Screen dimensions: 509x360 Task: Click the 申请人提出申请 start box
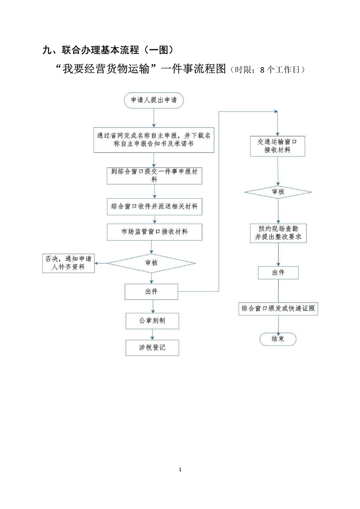tap(154, 101)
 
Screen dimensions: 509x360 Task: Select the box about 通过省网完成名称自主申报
tap(154, 140)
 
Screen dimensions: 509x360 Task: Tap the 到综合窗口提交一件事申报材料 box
tap(154, 175)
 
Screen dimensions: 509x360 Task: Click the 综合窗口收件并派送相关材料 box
tap(154, 206)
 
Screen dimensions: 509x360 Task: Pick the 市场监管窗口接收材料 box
tap(154, 232)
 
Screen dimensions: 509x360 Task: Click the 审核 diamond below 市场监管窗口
tap(152, 262)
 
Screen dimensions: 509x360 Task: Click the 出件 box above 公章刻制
tap(152, 291)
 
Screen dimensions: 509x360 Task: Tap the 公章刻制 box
tap(152, 321)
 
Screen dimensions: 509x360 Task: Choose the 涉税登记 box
tap(152, 348)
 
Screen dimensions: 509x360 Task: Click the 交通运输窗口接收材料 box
tap(277, 146)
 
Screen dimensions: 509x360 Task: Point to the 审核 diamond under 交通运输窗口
tap(278, 192)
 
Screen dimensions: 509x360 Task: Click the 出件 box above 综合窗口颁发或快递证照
tap(278, 273)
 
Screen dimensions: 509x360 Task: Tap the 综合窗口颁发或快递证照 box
tap(278, 309)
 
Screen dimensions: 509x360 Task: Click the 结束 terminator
tap(277, 339)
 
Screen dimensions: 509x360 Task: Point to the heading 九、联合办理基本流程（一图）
tap(107, 49)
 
